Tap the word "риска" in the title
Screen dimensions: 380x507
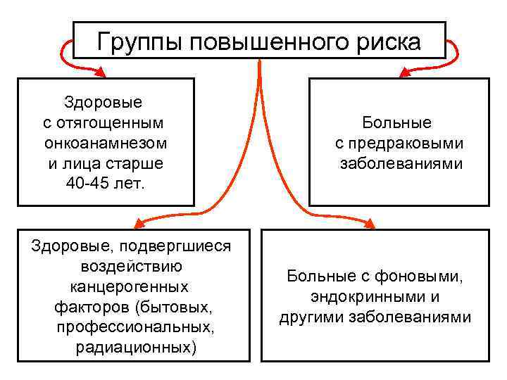pyautogui.click(x=386, y=42)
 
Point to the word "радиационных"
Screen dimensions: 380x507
pyautogui.click(x=134, y=348)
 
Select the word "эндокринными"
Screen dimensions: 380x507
pyautogui.click(x=363, y=296)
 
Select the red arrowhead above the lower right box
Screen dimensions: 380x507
pyautogui.click(x=369, y=224)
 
